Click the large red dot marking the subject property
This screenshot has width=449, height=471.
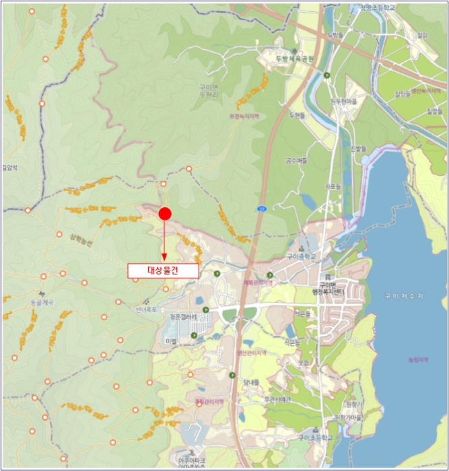tap(165, 214)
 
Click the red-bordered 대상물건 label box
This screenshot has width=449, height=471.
tap(164, 270)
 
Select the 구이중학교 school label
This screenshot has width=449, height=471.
tap(302, 256)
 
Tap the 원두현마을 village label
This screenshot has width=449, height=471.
tap(343, 101)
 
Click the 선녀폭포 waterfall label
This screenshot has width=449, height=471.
tap(145, 310)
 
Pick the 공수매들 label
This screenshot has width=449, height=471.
tap(296, 161)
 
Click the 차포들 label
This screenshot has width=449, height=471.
tap(333, 186)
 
